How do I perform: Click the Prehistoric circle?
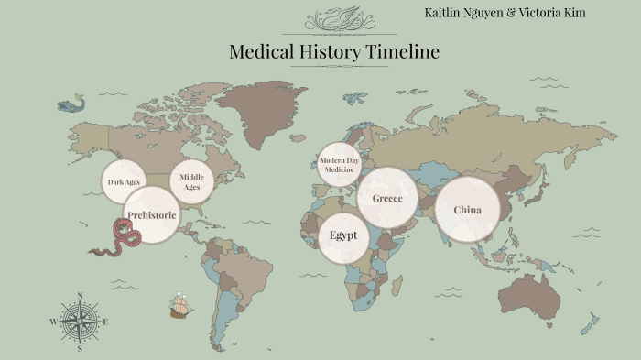point(151,215)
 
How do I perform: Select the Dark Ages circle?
point(123,181)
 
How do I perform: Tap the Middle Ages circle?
point(191,181)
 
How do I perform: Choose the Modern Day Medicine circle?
point(339,165)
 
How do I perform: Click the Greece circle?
point(387,198)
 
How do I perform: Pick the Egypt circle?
point(343,235)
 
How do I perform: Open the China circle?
point(467,210)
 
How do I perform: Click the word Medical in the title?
point(262,52)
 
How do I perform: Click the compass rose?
point(80,322)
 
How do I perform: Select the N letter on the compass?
point(80,295)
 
